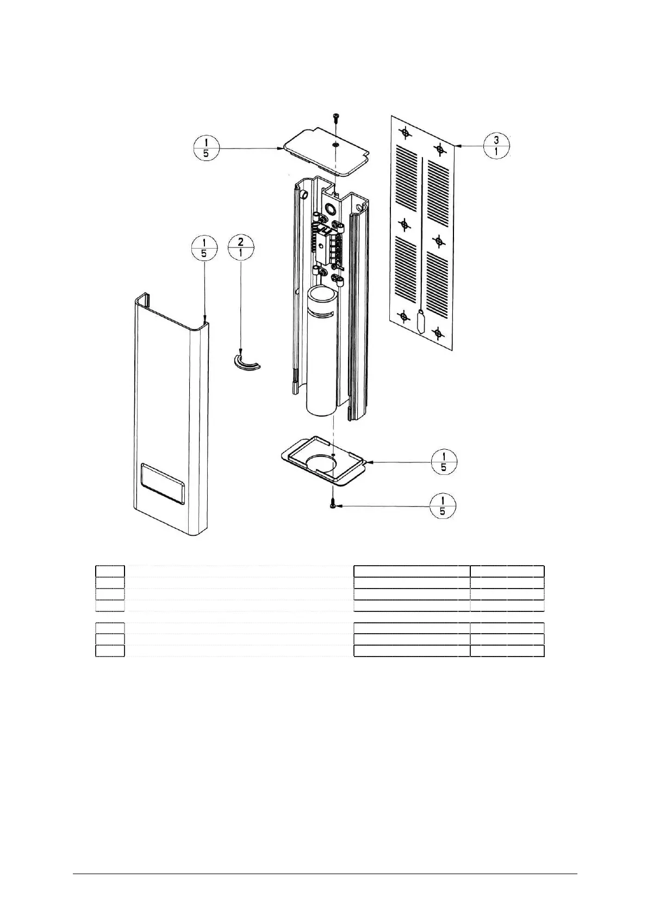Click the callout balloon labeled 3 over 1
(x=496, y=145)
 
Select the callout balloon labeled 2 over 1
(x=241, y=248)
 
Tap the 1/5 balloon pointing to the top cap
(x=206, y=147)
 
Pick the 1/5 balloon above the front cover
(x=204, y=248)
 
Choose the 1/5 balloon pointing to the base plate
(x=444, y=462)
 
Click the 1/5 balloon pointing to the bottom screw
(x=442, y=506)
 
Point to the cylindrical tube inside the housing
(x=321, y=354)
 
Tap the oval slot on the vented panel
(x=421, y=323)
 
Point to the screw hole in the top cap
(x=336, y=145)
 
